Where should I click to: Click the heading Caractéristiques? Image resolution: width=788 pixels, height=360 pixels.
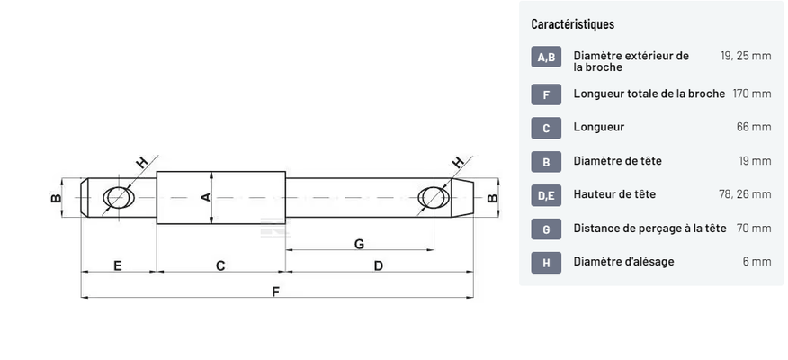(x=572, y=24)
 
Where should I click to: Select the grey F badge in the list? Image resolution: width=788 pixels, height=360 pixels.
(x=546, y=94)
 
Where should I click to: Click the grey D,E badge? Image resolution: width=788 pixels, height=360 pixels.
(x=546, y=194)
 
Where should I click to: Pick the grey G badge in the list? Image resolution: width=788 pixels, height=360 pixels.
(x=546, y=229)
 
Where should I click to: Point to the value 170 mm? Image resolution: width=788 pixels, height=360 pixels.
(x=752, y=94)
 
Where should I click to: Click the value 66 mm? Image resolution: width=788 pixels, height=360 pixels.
(x=754, y=127)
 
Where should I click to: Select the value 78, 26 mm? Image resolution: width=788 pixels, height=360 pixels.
(x=746, y=194)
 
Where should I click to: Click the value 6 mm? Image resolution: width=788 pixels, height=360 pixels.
(x=757, y=262)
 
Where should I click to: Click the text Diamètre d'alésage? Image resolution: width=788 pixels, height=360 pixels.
(x=623, y=262)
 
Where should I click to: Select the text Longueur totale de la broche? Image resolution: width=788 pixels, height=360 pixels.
(x=649, y=94)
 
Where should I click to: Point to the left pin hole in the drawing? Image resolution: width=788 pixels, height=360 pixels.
(x=117, y=197)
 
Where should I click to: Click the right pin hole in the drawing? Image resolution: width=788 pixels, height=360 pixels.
(x=434, y=197)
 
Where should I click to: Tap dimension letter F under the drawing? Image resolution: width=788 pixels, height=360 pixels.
(x=276, y=291)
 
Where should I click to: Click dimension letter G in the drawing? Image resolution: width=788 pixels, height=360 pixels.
(x=359, y=243)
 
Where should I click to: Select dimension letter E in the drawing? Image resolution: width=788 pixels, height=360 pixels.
(x=118, y=265)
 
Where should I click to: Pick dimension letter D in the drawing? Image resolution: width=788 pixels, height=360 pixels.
(x=378, y=265)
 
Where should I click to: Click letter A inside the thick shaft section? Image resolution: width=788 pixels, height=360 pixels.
(x=205, y=197)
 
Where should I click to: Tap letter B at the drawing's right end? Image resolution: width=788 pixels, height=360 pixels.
(x=491, y=198)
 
